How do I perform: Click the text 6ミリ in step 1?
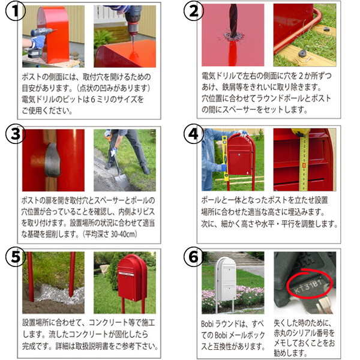point(100,100)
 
